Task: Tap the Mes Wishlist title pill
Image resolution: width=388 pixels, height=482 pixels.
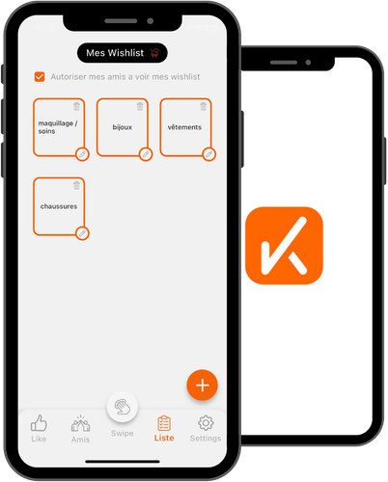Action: click(123, 53)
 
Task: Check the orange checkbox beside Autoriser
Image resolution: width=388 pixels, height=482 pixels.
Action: click(40, 77)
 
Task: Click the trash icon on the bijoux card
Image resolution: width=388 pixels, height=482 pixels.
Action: click(140, 106)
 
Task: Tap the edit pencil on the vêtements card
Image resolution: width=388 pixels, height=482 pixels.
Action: click(209, 154)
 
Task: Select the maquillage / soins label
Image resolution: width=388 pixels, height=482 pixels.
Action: click(58, 127)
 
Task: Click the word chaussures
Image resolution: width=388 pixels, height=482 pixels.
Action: click(59, 206)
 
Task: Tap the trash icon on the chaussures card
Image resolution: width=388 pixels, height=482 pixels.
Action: click(76, 185)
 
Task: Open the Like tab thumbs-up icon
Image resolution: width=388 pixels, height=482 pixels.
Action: click(39, 422)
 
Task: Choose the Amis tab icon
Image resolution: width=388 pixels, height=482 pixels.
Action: click(80, 423)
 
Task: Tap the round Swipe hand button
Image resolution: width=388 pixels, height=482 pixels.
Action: click(123, 407)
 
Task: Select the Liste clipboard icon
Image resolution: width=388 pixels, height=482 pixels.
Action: click(164, 423)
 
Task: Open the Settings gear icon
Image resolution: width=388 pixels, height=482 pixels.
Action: click(206, 423)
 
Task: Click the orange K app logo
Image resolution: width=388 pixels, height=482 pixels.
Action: click(284, 246)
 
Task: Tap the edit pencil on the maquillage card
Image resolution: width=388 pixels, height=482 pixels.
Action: click(82, 154)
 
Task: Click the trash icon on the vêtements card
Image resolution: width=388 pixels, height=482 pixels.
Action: click(204, 106)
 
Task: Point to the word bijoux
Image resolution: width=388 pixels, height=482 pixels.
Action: click(123, 127)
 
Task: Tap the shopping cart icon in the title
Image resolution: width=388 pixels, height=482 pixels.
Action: click(154, 53)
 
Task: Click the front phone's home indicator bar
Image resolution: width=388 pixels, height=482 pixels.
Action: click(123, 462)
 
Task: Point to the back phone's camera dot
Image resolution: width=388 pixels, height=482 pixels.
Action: click(308, 63)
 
